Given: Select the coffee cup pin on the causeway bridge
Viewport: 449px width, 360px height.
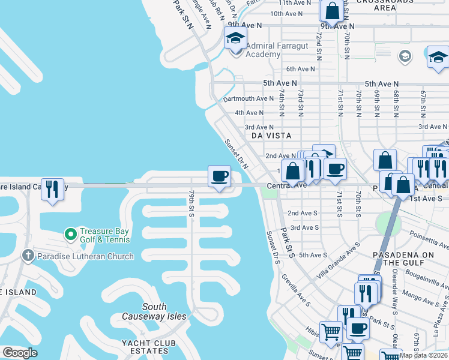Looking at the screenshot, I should tap(218, 176).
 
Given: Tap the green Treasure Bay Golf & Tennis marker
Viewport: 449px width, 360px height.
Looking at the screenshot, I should tap(70, 233).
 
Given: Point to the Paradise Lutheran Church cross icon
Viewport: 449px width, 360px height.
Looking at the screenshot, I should tap(28, 256).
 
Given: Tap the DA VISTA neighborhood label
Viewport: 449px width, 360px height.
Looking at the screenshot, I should tap(271, 136).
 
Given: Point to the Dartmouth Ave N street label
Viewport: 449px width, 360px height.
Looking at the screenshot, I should tap(248, 98).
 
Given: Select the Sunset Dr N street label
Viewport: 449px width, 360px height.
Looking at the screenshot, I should tap(236, 152).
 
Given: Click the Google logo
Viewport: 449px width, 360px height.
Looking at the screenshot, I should tap(20, 352).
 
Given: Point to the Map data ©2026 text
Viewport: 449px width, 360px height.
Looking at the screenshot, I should tap(423, 355).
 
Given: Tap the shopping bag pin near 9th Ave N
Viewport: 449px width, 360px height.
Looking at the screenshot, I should tap(332, 11).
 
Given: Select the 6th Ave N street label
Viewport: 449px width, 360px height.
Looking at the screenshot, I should tap(301, 69).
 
